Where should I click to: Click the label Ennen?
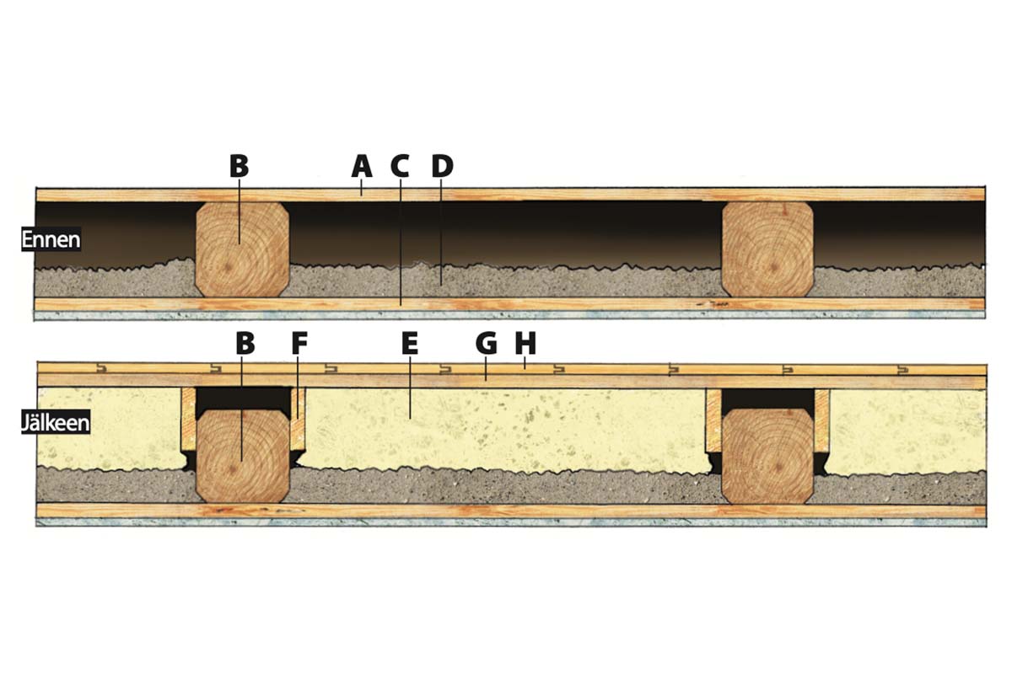51,239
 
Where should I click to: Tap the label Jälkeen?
55,423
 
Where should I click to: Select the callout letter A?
362,166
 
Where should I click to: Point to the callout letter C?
400,166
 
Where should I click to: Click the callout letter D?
441,166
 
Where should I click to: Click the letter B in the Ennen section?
240,166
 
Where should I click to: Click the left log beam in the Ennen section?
243,249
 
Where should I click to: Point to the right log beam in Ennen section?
767,249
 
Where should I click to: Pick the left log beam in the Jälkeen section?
243,455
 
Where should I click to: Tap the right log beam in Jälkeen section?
767,455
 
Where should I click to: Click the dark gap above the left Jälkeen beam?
243,398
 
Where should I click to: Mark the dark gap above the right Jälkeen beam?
767,398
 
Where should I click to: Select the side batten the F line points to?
298,420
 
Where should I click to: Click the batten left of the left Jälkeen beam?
188,420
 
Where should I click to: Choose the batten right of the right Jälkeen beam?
822,420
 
